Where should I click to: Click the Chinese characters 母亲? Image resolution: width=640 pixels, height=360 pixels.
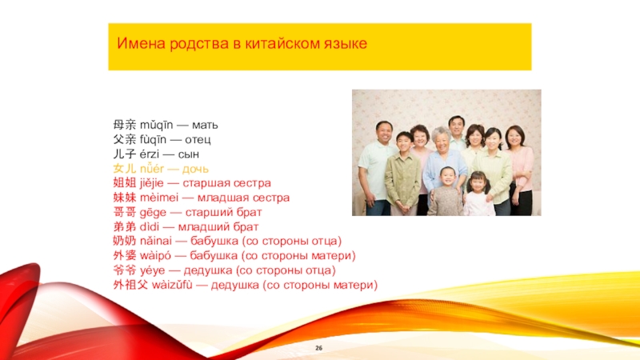click(125, 125)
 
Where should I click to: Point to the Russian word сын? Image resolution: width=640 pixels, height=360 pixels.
click(189, 154)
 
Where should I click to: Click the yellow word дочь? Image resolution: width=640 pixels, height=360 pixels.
click(195, 169)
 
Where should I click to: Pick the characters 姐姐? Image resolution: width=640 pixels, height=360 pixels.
click(125, 183)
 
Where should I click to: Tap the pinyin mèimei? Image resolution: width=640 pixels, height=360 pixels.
click(159, 198)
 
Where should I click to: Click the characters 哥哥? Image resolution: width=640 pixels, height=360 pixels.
click(125, 212)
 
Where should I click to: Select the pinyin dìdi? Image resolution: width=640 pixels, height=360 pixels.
click(150, 226)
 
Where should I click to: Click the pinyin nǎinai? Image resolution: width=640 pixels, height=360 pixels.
click(156, 241)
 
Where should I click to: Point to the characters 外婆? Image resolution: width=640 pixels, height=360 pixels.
click(125, 255)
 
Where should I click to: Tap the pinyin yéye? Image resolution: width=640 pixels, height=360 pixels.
click(153, 270)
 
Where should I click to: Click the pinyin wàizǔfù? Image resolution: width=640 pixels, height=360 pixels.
click(172, 285)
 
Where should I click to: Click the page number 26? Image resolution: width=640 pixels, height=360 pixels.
click(318, 348)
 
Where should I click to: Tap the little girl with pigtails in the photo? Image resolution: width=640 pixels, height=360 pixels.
click(478, 194)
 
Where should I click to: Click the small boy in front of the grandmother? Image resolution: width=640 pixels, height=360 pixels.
click(446, 191)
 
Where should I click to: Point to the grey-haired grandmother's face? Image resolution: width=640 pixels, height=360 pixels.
click(442, 142)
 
